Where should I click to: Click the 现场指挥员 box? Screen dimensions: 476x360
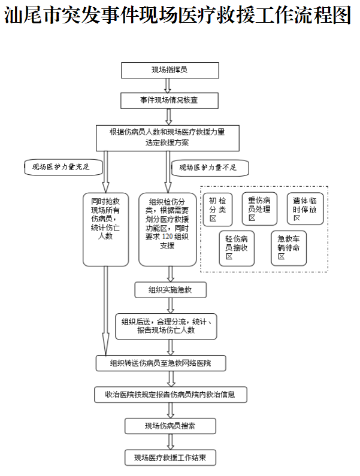[168, 70]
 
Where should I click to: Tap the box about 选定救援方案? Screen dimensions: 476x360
[168, 137]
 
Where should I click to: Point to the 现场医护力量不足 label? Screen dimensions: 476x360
[209, 167]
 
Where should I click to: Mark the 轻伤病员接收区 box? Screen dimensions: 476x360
[236, 247]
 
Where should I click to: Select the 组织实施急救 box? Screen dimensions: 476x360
[171, 290]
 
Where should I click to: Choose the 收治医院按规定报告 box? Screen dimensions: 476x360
[171, 395]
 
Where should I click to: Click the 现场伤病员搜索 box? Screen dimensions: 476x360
[170, 426]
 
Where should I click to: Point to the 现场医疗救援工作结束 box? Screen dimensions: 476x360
[170, 457]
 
